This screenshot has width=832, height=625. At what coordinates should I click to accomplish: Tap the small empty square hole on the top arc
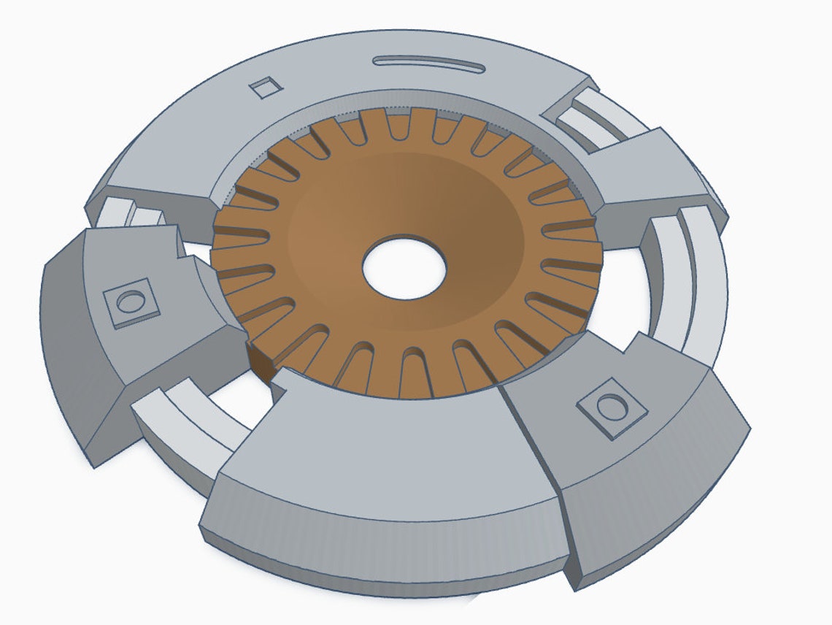point(265,88)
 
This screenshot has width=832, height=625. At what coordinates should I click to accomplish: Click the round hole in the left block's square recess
point(131,302)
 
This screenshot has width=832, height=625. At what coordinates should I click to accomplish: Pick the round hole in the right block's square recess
point(612,405)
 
